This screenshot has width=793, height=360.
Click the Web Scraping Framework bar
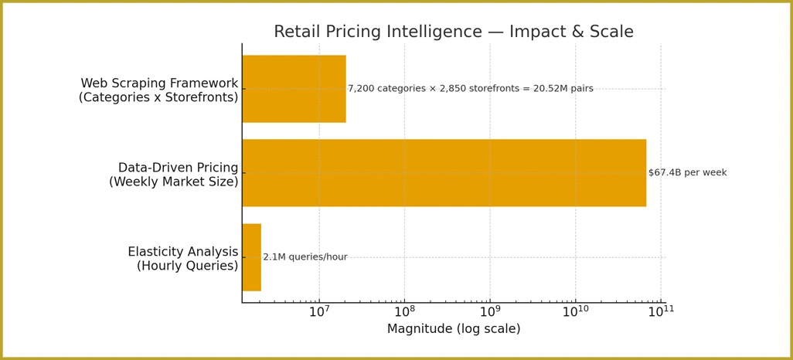[x=294, y=89]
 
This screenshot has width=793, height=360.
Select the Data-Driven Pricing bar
[x=444, y=173]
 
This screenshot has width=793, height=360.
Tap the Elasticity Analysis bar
[x=252, y=257]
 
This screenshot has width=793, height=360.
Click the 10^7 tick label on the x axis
[x=319, y=311]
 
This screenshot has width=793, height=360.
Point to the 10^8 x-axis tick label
[x=404, y=311]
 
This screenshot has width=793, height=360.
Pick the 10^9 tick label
[x=489, y=311]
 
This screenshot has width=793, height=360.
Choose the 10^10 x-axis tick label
[x=575, y=311]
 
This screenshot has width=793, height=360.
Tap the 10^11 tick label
[x=661, y=311]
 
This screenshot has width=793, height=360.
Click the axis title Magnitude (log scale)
[x=454, y=329]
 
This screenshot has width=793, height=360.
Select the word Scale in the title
[x=611, y=32]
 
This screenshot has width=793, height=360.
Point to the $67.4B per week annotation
[x=687, y=173]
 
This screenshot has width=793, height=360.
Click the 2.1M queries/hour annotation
[x=305, y=257]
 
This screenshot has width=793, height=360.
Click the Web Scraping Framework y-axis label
[x=159, y=90]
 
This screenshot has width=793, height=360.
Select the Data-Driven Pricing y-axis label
[x=174, y=175]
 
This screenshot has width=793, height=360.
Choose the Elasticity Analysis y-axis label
[x=183, y=259]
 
